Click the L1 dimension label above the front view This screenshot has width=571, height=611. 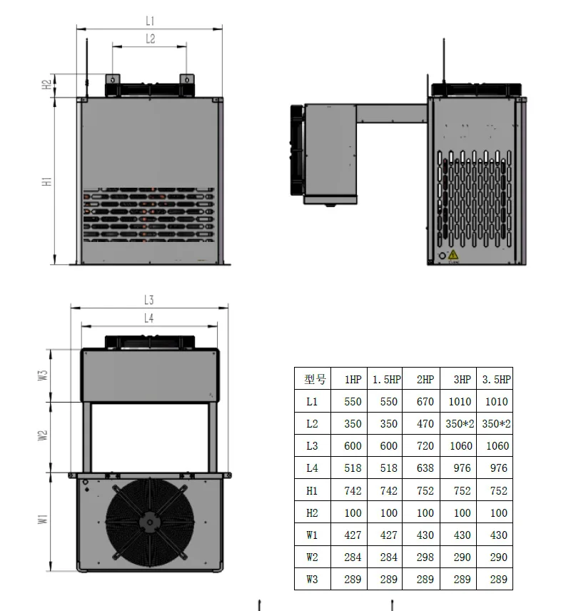coord(150,21)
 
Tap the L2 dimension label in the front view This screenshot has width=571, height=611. coord(151,39)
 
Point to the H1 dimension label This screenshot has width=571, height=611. coord(47,181)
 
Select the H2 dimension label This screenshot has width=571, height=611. coord(47,84)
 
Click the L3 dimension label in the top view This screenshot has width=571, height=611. coord(149,300)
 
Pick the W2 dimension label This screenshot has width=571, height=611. coord(43,435)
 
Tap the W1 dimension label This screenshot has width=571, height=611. coord(43,519)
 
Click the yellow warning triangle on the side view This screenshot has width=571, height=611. coord(453,255)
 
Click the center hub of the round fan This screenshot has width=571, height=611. coord(150,522)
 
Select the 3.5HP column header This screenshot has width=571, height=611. coord(496,379)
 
